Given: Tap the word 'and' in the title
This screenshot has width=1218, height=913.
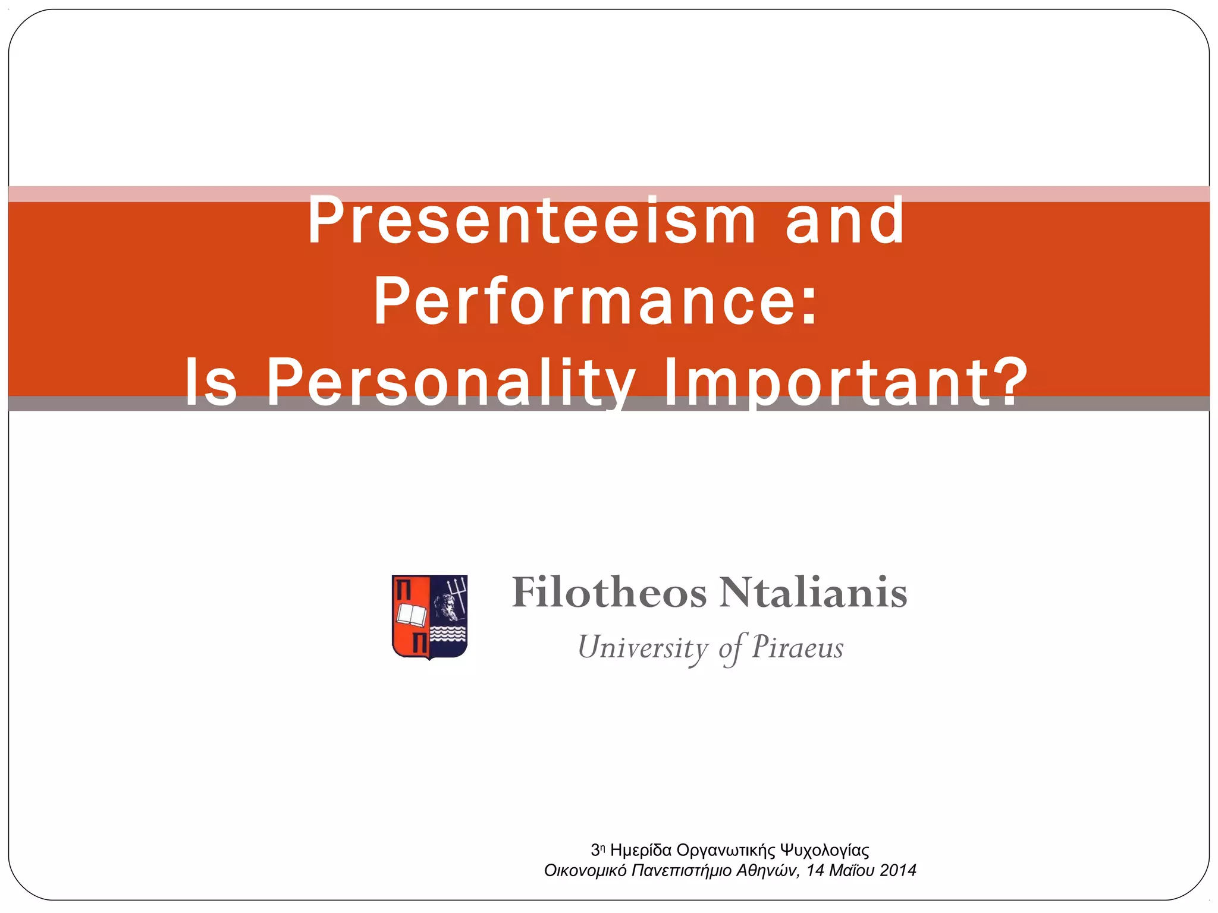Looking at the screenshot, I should [x=845, y=221].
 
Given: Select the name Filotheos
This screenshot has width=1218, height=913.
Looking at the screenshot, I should [x=610, y=593].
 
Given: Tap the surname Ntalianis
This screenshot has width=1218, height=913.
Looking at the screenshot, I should [x=813, y=593].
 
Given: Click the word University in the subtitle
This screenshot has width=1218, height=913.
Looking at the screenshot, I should [x=643, y=648].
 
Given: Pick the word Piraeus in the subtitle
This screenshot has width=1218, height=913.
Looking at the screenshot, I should [x=798, y=647].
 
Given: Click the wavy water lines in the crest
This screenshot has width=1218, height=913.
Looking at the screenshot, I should [x=448, y=635].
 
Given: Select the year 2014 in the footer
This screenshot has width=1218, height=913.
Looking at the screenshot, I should [x=898, y=871].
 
